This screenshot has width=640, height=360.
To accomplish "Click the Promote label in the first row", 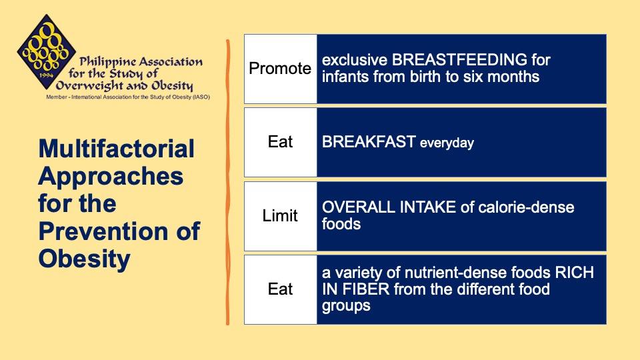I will coord(280,69).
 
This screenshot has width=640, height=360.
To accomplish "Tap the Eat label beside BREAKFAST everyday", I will coord(280,142).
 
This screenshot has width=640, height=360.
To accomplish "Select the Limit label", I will coord(280,216).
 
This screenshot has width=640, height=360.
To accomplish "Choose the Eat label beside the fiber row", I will coord(280,289).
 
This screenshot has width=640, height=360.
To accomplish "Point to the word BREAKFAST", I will coord(369,142).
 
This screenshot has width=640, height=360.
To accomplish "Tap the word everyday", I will coord(447,143).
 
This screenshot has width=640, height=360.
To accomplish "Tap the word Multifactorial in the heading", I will coord(117,148).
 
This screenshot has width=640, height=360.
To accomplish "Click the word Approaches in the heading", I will coord(111,176).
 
